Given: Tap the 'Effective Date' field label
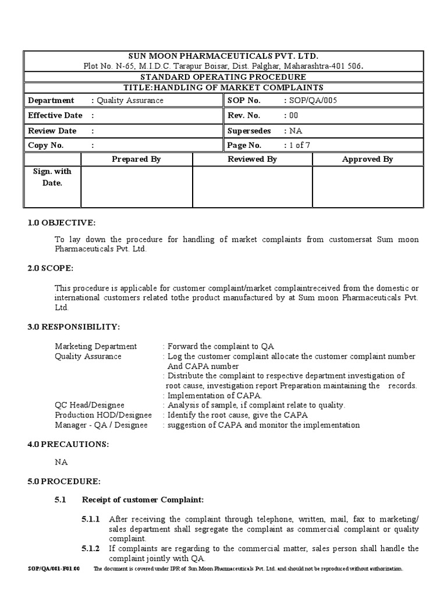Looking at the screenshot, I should [55, 115].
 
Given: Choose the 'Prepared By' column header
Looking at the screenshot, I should [136, 159].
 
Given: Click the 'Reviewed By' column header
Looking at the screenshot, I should [252, 159].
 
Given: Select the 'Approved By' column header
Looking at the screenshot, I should [367, 159].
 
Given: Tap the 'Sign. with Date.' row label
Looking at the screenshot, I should [52, 177].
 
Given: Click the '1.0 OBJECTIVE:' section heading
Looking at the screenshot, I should [61, 223].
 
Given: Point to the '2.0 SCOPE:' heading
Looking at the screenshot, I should [51, 268].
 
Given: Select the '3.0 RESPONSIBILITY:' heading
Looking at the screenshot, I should [74, 327].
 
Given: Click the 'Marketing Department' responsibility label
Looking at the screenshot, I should [95, 346].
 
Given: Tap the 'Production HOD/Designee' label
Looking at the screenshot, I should [103, 415].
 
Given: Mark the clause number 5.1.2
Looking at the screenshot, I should [91, 548].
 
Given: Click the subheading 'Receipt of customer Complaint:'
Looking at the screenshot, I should [143, 499].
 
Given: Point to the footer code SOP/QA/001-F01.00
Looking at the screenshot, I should [54, 569].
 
